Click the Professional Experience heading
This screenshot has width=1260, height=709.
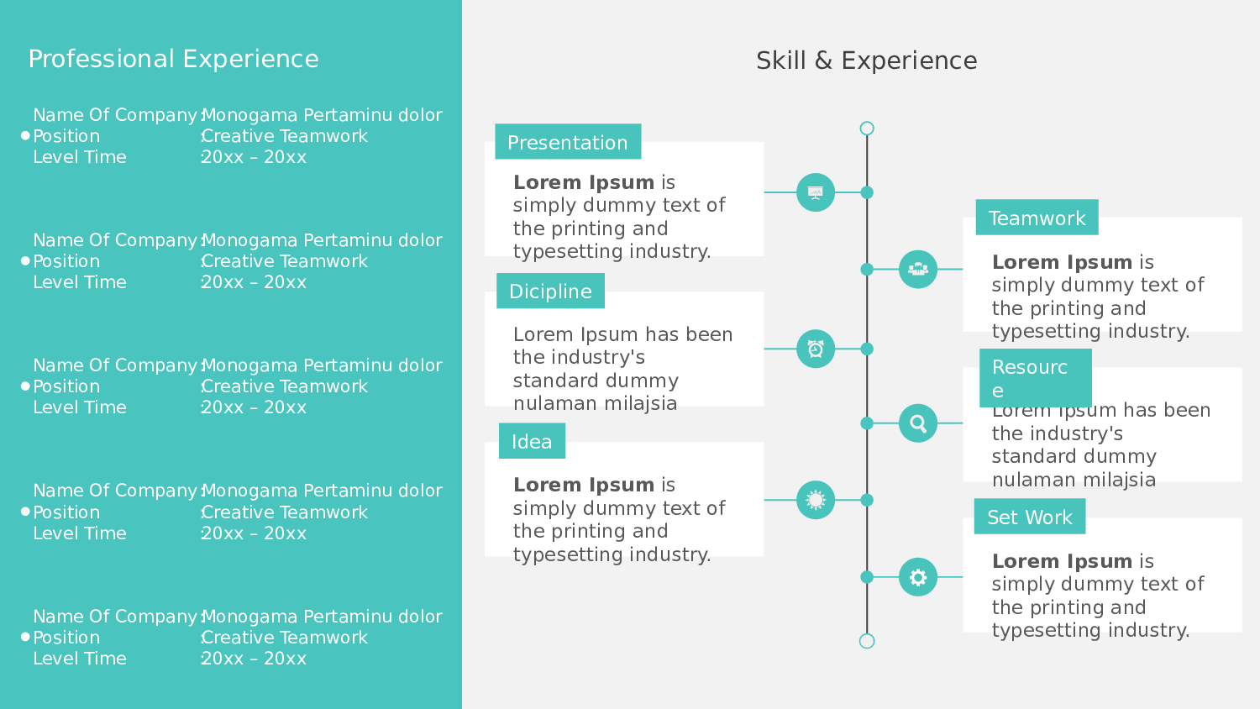point(173,59)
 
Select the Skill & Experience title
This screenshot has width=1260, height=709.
point(866,60)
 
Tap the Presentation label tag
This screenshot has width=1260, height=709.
point(568,142)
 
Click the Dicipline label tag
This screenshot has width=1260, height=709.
point(550,291)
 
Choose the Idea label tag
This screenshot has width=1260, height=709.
point(532,441)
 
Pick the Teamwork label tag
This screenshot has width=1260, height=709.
point(1037,218)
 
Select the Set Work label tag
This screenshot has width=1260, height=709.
point(1030,517)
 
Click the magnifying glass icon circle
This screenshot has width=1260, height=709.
point(918,423)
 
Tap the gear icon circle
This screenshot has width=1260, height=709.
point(918,577)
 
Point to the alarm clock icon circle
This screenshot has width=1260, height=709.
point(816,349)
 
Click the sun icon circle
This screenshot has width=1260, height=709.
point(816,500)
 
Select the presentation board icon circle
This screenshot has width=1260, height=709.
point(816,192)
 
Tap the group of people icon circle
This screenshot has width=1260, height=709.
point(918,269)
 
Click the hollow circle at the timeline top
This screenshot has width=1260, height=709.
point(867,129)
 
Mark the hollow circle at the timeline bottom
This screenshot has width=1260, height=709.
point(867,641)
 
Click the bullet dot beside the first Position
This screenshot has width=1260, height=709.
point(25,135)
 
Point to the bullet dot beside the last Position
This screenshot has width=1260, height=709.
point(25,637)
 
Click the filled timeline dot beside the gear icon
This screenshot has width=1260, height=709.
point(867,577)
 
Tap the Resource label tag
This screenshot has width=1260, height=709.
point(1035,378)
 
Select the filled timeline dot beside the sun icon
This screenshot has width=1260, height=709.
point(867,500)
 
